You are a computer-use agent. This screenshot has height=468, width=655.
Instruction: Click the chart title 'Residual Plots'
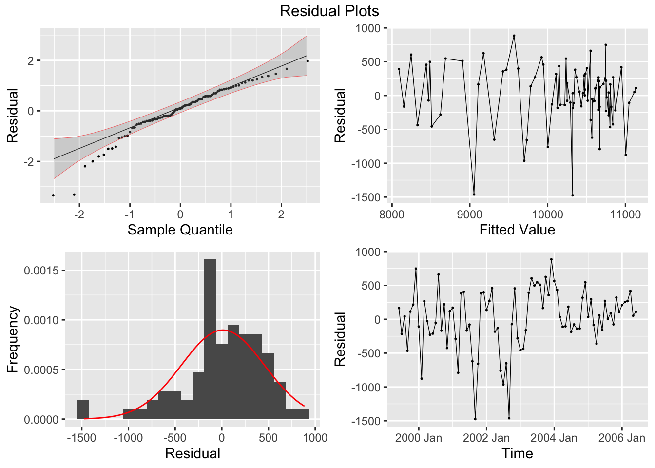pos(329,11)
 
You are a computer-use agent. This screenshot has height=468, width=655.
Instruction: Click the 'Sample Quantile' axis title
pos(180,230)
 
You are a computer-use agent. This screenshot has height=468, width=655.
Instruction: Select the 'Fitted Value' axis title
pos(517,230)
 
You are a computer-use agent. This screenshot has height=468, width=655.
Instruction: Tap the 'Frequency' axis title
pos(13,339)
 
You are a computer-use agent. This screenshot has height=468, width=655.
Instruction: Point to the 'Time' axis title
pos(517,453)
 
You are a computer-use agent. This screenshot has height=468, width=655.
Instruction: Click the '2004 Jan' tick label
pos(554,438)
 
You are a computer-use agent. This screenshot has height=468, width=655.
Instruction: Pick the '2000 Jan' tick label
pos(418,438)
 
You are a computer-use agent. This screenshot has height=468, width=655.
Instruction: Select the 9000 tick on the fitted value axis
pos(469,214)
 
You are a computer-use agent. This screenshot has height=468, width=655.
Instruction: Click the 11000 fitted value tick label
pos(625,214)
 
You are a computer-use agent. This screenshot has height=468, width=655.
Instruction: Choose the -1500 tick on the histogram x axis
pos(82,438)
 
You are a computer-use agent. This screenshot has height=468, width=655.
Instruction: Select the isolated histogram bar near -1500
pos(83,409)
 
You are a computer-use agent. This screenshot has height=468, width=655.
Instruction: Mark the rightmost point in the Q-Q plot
pos(308,61)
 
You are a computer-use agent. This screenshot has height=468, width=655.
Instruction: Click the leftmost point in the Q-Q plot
pos(53,195)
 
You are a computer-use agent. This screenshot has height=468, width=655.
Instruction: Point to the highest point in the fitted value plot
pos(514,36)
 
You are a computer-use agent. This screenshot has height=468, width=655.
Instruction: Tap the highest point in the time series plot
pos(551,259)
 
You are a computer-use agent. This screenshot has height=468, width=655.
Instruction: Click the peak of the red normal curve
pos(222,330)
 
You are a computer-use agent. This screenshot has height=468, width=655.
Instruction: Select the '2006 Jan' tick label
pos(621,438)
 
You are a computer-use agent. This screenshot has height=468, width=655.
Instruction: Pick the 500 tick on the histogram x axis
pos(268,438)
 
